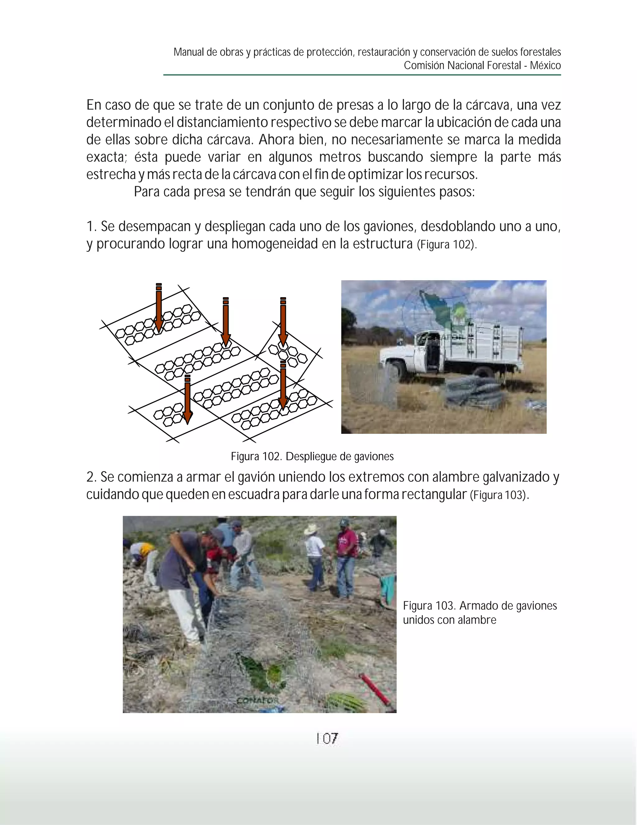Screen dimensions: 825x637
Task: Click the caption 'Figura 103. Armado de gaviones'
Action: point(480,606)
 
